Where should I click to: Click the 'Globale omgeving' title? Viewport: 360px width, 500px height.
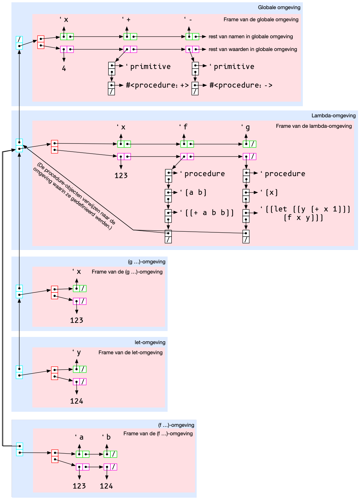click(279, 8)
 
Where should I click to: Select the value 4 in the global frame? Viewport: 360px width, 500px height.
click(64, 69)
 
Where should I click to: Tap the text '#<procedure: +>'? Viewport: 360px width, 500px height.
click(157, 85)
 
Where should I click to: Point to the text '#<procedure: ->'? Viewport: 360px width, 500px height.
click(241, 85)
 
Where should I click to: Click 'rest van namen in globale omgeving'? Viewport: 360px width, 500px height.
click(251, 37)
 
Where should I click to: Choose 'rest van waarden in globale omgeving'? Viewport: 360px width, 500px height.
click(253, 49)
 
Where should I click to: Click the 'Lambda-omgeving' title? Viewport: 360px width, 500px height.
click(333, 116)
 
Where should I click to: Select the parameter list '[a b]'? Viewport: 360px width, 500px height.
click(196, 192)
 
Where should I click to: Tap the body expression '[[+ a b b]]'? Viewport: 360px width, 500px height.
click(209, 213)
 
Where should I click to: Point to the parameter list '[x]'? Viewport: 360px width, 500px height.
click(271, 192)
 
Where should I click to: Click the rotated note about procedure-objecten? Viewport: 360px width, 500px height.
click(74, 196)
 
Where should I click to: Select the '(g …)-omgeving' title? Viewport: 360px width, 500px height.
click(146, 262)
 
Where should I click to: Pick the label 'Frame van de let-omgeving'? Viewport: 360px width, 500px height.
click(130, 353)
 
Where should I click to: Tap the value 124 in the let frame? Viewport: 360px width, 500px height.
click(76, 401)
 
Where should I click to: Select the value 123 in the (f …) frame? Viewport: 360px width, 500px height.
click(79, 486)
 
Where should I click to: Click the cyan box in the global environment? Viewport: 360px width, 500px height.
click(19, 43)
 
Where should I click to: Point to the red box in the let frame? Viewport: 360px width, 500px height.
click(55, 373)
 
